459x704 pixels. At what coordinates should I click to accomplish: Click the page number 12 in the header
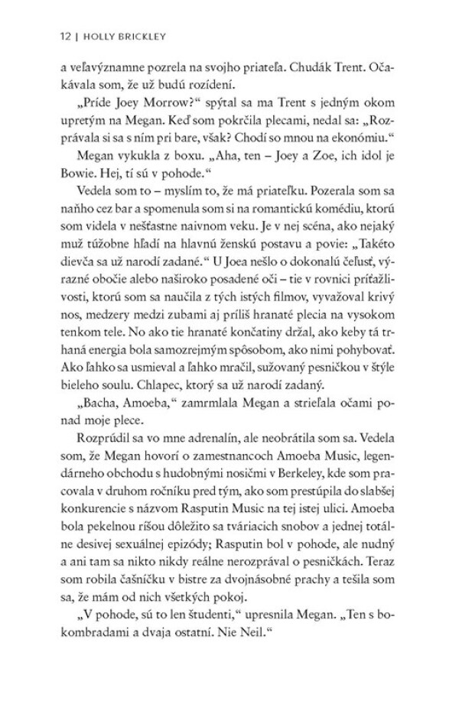[52, 35]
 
